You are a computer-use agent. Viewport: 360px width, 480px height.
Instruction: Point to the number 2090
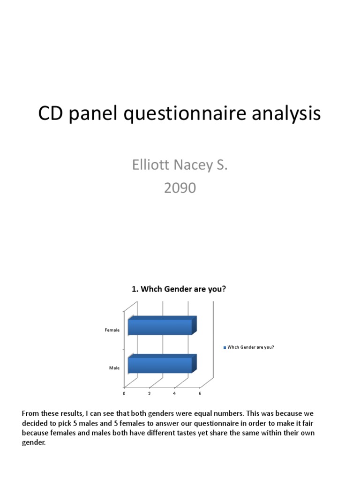tap(180, 188)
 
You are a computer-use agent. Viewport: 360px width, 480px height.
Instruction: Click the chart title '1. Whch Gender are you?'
tap(179, 289)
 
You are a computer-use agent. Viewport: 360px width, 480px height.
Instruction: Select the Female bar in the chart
tap(161, 327)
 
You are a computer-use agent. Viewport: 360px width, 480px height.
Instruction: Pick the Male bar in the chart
tap(161, 365)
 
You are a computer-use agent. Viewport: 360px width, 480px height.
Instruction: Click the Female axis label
tap(112, 330)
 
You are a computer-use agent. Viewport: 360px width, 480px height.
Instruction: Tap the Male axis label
tap(114, 368)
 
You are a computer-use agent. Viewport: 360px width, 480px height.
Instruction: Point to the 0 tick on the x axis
tap(124, 394)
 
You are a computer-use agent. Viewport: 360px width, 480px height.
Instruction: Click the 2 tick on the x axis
tap(150, 394)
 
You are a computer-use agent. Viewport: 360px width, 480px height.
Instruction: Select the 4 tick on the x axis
tap(174, 394)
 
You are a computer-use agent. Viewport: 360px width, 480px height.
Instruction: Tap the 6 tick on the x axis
tap(200, 394)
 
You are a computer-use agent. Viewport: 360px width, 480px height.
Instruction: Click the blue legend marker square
tap(225, 348)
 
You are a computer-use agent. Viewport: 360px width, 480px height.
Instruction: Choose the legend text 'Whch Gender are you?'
tap(251, 347)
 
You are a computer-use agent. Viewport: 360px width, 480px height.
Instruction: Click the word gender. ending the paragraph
tap(34, 442)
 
